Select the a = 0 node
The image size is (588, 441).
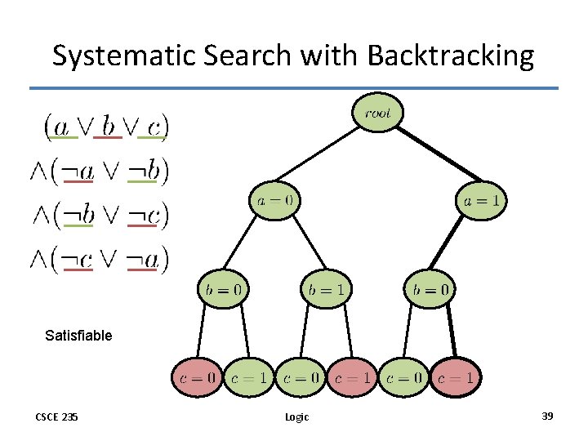point(274,200)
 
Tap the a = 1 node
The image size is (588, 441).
point(481,200)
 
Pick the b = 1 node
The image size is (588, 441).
point(326,288)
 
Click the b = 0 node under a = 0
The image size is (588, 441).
point(223,288)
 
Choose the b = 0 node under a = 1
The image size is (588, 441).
point(430,288)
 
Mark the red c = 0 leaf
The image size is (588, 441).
point(197,377)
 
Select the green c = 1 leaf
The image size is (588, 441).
point(248,377)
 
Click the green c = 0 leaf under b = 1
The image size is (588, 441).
point(300,377)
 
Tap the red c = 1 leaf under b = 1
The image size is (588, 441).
point(352,377)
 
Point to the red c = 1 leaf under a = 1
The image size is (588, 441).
point(455,377)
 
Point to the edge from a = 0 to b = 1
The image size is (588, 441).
point(301,245)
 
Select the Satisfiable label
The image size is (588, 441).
point(78,335)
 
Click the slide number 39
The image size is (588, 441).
point(547,416)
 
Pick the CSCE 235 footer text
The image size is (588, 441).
point(56,416)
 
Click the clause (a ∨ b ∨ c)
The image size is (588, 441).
point(106,126)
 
